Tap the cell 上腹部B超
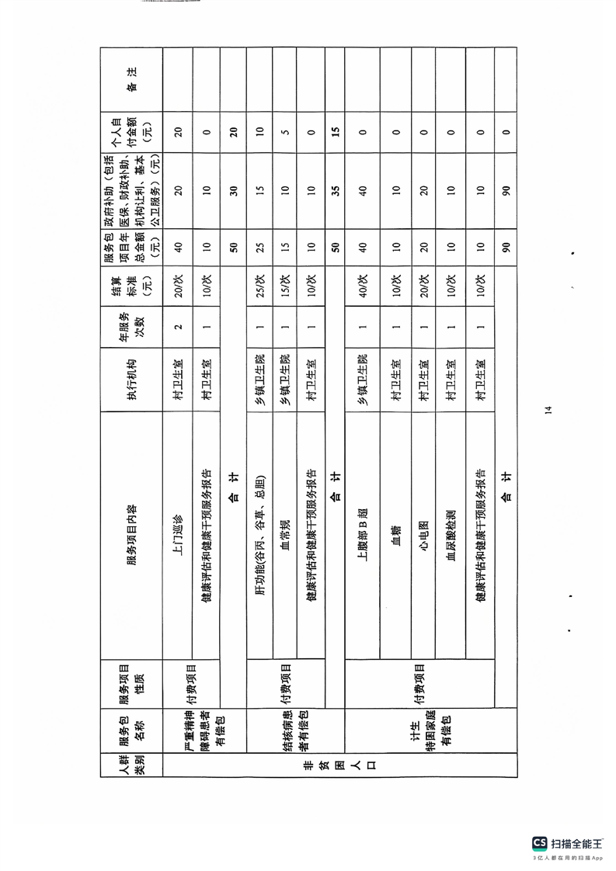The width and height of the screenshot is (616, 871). (362, 536)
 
